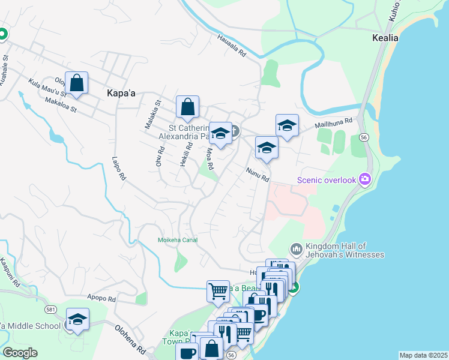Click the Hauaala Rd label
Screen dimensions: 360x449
click(232, 46)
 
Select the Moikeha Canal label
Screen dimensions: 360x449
click(177, 240)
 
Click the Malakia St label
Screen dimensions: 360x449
click(150, 114)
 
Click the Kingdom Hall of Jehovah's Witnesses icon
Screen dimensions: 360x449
click(295, 248)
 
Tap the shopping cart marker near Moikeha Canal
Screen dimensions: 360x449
click(218, 291)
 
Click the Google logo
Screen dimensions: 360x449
click(20, 353)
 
